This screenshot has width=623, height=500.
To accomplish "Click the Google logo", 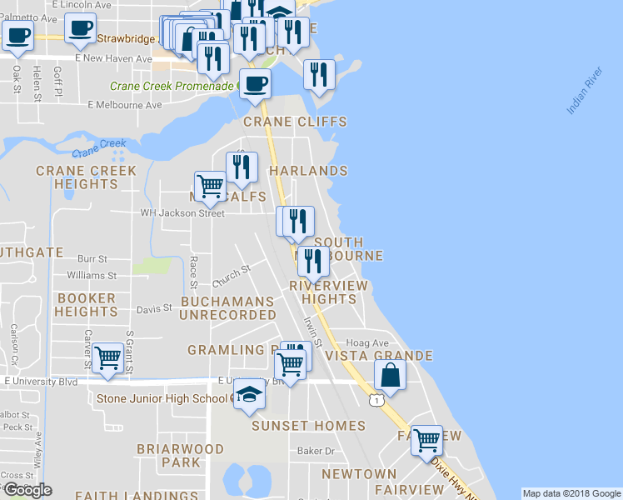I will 27,490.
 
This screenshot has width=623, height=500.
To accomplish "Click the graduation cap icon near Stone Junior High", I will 249,393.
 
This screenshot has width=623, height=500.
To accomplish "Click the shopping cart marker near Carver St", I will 108,358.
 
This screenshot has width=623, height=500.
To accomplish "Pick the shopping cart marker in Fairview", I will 427,439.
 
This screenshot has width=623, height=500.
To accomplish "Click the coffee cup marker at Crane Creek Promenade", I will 255,82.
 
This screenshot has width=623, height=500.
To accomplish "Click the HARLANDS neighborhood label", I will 308,171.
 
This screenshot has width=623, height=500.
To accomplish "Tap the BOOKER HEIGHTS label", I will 87,305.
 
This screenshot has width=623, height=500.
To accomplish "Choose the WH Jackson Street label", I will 182,213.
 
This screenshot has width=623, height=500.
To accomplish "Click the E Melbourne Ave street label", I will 125,105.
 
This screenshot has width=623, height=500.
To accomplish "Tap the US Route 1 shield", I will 378,401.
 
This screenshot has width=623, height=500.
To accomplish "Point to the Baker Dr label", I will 316,451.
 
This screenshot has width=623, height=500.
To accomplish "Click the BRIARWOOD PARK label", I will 181,455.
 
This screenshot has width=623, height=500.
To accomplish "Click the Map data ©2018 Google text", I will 571,493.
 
